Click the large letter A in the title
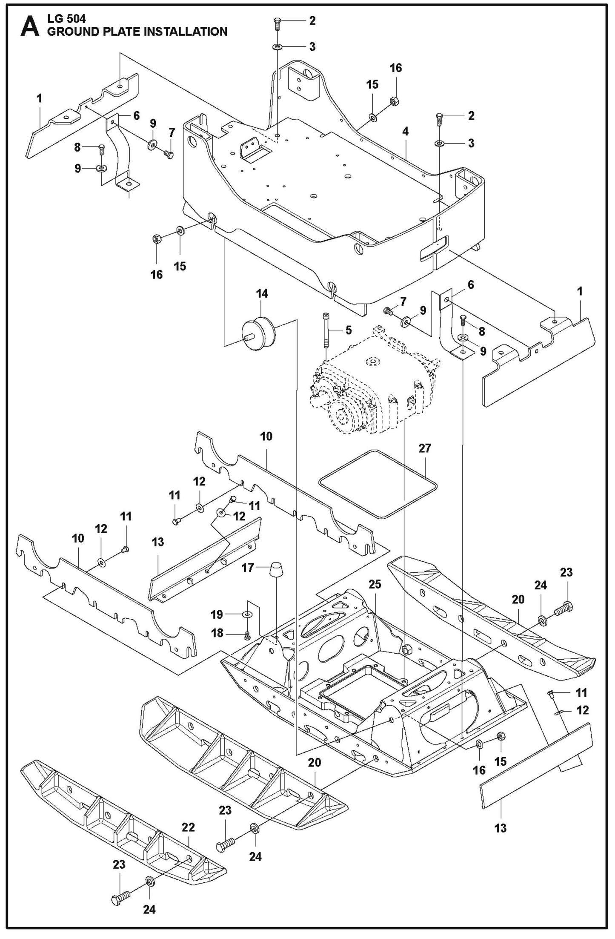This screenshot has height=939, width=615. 29,26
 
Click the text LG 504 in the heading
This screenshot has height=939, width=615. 66,18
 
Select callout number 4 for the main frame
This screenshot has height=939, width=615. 405,132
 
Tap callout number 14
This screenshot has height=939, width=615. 262,294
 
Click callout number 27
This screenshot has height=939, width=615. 425,448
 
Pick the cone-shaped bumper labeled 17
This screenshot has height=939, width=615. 277,570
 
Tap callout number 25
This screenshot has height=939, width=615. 375,584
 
